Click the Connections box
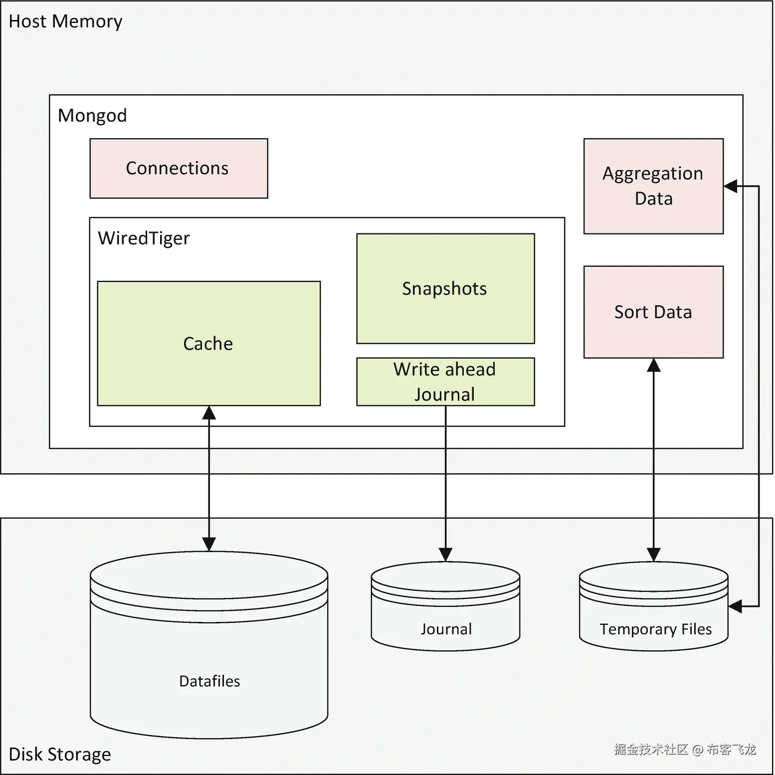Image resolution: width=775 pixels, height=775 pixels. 179,169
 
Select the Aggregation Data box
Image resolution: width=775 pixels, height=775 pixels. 653,186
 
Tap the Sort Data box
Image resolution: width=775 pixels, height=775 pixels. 653,312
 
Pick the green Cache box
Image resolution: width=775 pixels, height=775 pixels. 208,344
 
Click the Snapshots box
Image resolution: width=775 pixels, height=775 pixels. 445,289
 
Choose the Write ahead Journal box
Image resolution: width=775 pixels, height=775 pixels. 445,382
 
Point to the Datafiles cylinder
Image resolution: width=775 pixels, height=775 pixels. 209,663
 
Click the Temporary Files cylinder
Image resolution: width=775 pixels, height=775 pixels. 653,618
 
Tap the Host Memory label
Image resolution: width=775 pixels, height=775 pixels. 65,21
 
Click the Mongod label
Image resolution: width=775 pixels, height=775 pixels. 92,116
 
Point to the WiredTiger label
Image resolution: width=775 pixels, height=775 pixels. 144,238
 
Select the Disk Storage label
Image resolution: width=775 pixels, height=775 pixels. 60,754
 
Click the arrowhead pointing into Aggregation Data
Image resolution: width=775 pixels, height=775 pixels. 731,187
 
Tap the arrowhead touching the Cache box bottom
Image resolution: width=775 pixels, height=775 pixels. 209,413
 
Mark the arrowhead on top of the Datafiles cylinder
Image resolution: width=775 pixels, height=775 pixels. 209,544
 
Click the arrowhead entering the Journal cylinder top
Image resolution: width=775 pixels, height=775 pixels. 445,555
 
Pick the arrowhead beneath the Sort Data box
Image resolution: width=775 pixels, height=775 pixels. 653,366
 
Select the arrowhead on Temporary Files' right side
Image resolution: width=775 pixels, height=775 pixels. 736,606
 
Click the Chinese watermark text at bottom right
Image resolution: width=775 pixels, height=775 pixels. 685,749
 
